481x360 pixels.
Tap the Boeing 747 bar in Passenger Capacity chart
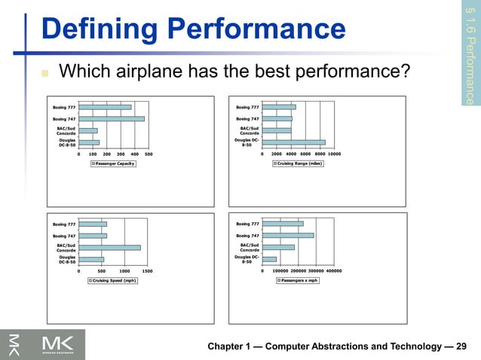click(x=112, y=118)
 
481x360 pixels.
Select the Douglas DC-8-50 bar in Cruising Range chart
click(x=293, y=142)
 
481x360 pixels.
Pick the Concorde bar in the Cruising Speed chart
click(x=109, y=247)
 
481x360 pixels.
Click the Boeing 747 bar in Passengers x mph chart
click(x=287, y=235)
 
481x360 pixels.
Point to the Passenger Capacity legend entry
click(x=113, y=163)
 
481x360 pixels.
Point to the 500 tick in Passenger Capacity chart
click(x=149, y=153)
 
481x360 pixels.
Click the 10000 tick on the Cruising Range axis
click(x=334, y=153)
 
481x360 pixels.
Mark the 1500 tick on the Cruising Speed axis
click(x=147, y=270)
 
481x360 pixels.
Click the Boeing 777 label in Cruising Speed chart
click(x=63, y=224)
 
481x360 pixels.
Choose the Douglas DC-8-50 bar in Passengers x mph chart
click(x=269, y=259)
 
